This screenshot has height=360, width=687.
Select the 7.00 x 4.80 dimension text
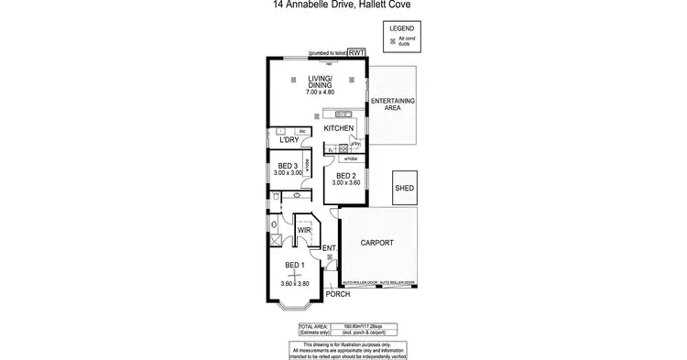(x=320, y=93)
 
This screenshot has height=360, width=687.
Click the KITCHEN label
(x=339, y=128)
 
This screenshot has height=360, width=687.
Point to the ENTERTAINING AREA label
(x=393, y=103)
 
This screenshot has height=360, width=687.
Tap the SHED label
(x=404, y=189)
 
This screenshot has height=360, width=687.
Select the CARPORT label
(x=377, y=243)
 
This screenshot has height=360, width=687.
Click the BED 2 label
(x=345, y=175)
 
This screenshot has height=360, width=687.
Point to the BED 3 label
(x=289, y=165)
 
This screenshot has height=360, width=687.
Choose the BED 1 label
(x=294, y=266)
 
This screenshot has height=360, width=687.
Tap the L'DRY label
(x=289, y=140)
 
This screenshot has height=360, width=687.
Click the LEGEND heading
(x=402, y=29)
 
